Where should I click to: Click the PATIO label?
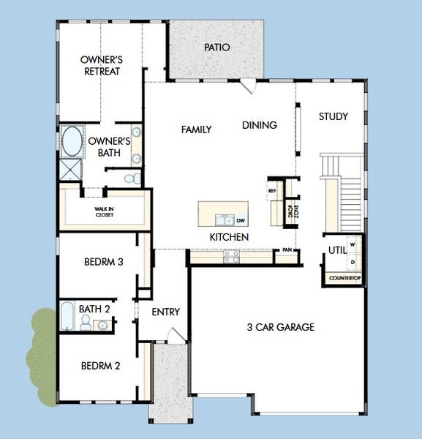pos(217,48)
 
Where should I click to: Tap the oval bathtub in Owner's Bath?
pos(72,141)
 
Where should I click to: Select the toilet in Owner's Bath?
pos(132,179)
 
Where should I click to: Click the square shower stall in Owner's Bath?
pos(70,170)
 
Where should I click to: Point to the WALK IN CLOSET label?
pos(104,212)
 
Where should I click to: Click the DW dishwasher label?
pos(241,221)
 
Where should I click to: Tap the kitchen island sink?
pos(225,220)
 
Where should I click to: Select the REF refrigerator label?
pos(272,191)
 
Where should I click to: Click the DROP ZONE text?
pos(293,211)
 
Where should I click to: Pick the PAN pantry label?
pos(287,249)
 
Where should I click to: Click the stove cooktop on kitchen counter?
pos(231,257)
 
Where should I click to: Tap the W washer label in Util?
pos(353,244)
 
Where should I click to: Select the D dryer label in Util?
pos(353,263)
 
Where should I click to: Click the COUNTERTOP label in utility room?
pos(345,278)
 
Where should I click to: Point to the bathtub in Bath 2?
pos(67,315)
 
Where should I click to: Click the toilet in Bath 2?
pos(86,322)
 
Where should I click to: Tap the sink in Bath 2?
pos(103,325)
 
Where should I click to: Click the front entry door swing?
pos(176,335)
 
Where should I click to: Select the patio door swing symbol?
pos(248,86)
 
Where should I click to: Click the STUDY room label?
pos(334,116)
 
